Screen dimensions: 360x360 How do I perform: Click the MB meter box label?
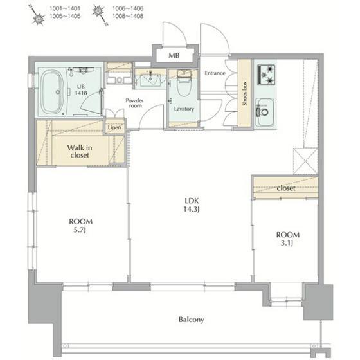tap(174, 55)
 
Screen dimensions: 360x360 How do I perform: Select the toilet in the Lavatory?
tap(184, 84)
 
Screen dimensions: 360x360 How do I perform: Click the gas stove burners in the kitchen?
tap(266, 75)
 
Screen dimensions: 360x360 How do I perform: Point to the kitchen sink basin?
tap(265, 112)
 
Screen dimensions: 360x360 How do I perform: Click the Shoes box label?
tap(244, 93)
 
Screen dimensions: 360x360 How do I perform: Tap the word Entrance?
tap(215, 73)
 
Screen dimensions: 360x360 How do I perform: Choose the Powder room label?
tap(135, 103)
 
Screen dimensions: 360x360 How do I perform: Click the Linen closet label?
tap(114, 127)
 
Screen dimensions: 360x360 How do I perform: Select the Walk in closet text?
tap(80, 151)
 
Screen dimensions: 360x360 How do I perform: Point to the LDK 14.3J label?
tap(192, 205)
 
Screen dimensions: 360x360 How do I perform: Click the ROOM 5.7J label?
tap(80, 226)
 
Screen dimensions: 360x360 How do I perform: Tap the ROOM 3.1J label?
tap(287, 239)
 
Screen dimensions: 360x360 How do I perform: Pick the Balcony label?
tap(192, 319)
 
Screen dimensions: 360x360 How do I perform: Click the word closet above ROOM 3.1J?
tap(286, 188)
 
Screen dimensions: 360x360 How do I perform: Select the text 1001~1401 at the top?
tap(65, 8)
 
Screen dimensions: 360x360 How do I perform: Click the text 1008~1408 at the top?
tap(128, 16)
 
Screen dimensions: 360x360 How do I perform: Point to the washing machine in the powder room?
tap(119, 76)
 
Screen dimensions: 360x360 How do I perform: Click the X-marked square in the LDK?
tap(305, 161)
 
